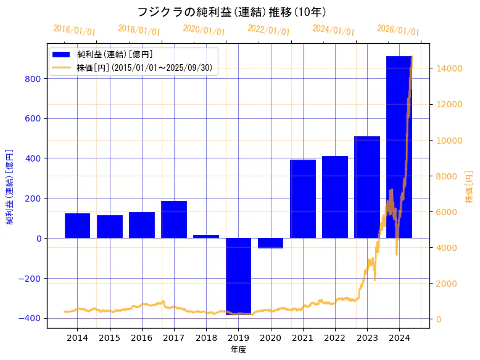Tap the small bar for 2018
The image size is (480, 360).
click(206, 236)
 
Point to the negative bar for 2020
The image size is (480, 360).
click(270, 243)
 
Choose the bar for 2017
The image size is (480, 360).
click(174, 219)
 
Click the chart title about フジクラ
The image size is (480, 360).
click(231, 12)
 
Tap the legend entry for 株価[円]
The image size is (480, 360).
click(144, 68)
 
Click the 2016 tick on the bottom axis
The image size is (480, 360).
click(142, 338)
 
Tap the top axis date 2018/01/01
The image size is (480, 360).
click(139, 30)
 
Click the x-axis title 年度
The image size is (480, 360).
click(238, 350)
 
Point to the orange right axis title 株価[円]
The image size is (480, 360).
click(469, 186)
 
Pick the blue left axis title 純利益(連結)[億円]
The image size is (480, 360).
click(10, 186)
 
